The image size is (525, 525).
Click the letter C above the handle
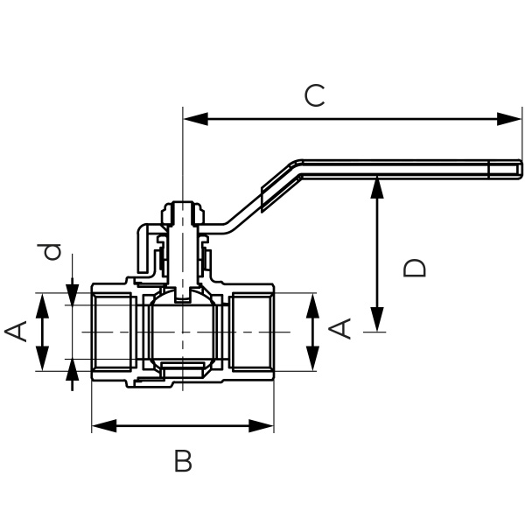(x=314, y=95)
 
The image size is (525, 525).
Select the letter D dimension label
(x=416, y=267)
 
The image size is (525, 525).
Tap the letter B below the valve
(x=182, y=461)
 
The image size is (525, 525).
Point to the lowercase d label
(x=52, y=253)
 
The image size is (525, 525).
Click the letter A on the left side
(x=16, y=331)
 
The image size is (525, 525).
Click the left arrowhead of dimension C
(x=190, y=118)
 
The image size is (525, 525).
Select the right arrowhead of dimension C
(x=514, y=118)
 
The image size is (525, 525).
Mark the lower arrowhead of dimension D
(x=377, y=325)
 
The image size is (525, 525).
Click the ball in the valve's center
(x=181, y=332)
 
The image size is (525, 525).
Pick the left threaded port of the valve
(x=112, y=332)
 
